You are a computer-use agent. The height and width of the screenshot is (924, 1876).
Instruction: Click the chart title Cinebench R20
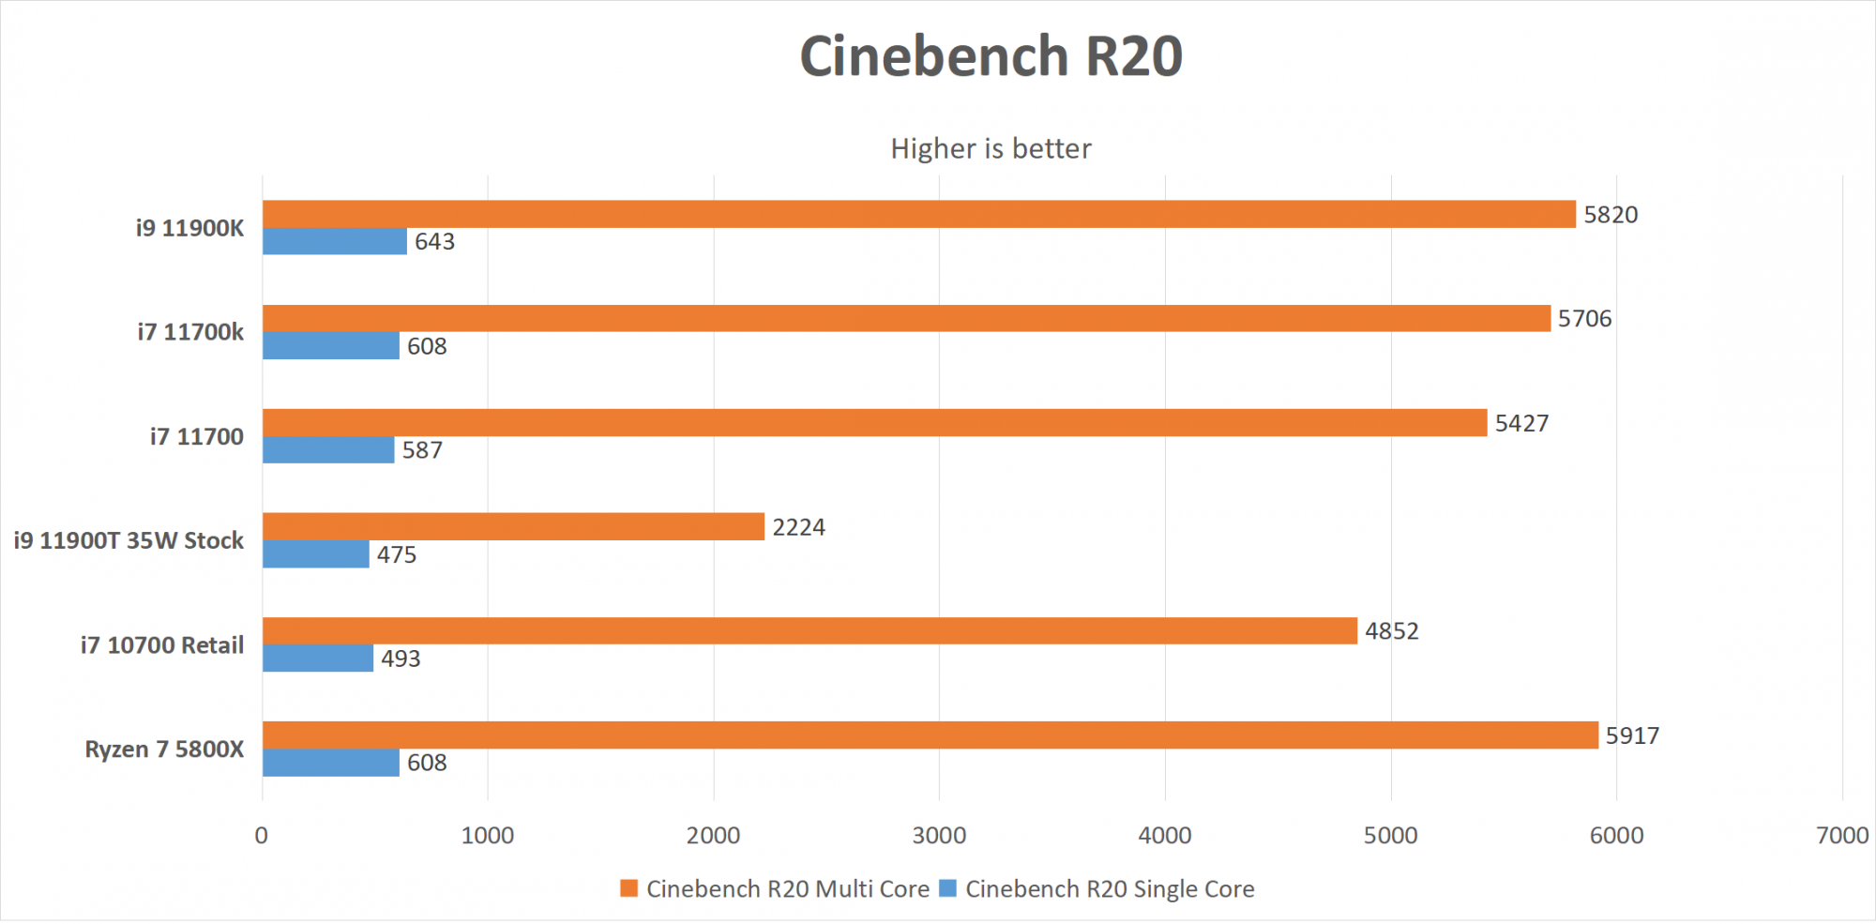(x=991, y=56)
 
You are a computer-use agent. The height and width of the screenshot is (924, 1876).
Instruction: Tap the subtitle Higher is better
(x=991, y=148)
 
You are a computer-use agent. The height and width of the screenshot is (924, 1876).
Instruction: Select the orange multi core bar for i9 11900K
(x=918, y=214)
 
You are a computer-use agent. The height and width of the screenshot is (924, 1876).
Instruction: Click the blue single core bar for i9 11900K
(x=334, y=241)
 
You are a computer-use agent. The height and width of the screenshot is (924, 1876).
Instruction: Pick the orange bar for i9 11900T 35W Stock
(x=513, y=526)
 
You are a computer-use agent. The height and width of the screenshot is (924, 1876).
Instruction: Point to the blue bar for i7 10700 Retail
(x=318, y=658)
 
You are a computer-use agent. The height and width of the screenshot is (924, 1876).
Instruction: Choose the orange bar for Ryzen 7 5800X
(x=930, y=735)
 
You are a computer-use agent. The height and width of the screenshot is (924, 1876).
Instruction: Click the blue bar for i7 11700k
(x=330, y=345)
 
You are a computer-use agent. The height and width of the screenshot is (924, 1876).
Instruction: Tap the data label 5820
(x=1611, y=215)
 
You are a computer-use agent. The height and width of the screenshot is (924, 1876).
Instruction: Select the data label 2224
(x=798, y=527)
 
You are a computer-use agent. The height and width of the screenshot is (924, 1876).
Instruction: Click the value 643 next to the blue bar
(x=434, y=242)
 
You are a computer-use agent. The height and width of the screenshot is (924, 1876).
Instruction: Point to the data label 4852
(x=1391, y=631)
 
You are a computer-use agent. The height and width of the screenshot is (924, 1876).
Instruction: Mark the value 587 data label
(x=422, y=450)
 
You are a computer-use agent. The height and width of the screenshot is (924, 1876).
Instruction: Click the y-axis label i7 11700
(x=196, y=436)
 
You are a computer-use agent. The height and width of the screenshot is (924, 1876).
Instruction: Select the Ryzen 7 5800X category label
(x=164, y=749)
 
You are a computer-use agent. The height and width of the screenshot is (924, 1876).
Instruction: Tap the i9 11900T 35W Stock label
(x=129, y=540)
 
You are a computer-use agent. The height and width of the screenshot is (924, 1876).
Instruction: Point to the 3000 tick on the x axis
(x=939, y=835)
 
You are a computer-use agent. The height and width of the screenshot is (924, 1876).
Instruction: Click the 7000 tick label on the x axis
(x=1842, y=835)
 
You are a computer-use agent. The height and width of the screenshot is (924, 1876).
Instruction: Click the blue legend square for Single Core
(x=947, y=887)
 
